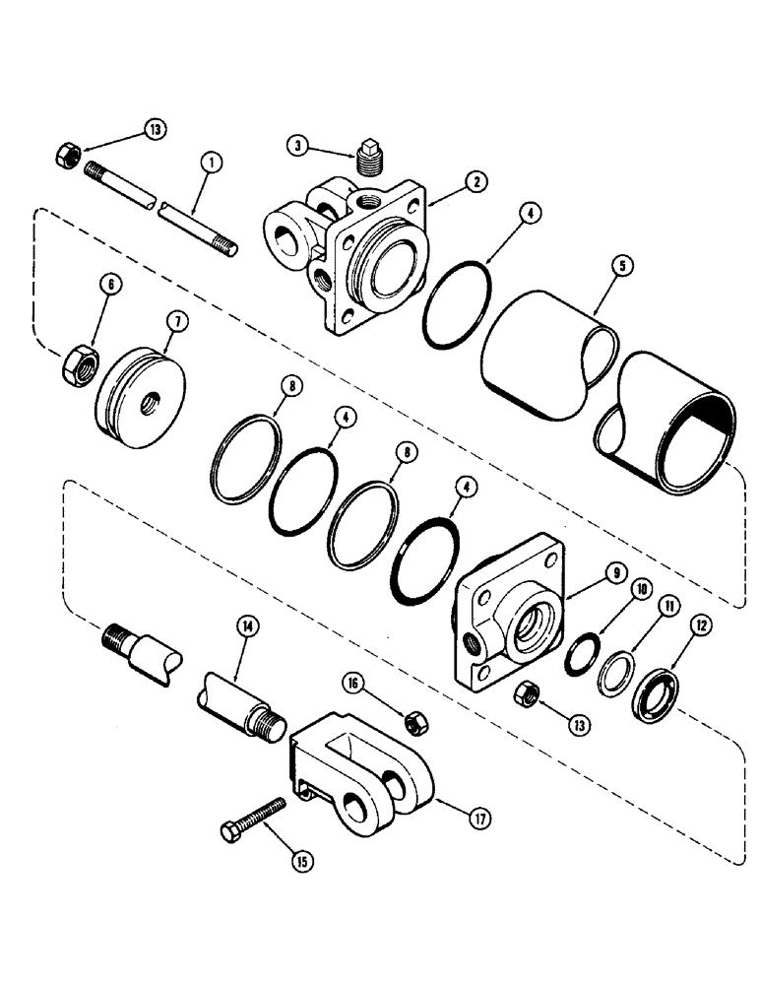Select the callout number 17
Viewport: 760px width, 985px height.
click(x=481, y=817)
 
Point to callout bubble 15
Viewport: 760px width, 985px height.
click(x=303, y=861)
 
